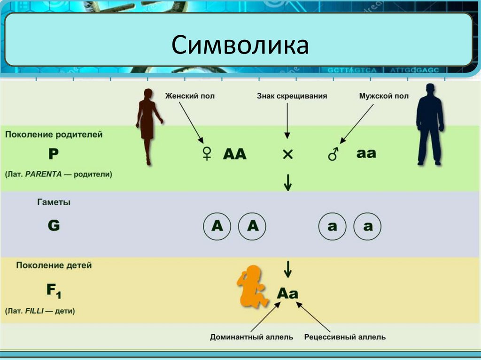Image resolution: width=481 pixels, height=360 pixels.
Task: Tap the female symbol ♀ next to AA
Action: tap(207, 153)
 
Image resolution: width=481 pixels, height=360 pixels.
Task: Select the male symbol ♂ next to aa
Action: tap(334, 153)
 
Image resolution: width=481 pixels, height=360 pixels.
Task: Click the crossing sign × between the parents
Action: tap(287, 154)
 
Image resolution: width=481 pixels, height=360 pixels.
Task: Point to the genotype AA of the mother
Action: tap(234, 154)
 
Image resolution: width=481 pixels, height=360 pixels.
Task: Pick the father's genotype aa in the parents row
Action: tap(366, 153)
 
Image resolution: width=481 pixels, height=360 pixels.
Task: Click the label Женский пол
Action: tap(190, 96)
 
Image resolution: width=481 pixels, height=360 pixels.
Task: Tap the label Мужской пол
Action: tap(384, 96)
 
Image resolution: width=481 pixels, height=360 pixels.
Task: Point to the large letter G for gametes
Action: tap(54, 226)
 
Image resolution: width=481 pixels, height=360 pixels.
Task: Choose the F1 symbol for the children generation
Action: tap(54, 291)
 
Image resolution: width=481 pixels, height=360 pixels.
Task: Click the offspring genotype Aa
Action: tap(287, 294)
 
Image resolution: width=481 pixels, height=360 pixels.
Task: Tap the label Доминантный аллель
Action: tap(251, 337)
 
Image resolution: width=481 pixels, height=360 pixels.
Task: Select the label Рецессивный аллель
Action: tap(345, 337)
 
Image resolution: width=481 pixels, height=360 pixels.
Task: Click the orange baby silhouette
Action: tap(252, 286)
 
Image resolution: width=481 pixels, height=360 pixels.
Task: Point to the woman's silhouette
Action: tap(148, 124)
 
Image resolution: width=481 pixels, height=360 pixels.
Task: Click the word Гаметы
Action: tap(54, 203)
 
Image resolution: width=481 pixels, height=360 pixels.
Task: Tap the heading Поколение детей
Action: tap(54, 265)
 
